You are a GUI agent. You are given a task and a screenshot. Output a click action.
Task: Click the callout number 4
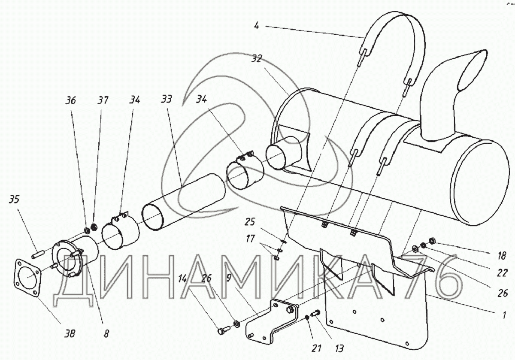[256, 25]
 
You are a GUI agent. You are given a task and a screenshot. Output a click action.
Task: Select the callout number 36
[71, 101]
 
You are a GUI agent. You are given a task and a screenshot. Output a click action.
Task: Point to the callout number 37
[103, 100]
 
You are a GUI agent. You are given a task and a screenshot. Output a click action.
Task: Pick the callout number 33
[167, 100]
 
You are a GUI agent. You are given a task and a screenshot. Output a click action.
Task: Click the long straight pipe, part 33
[185, 195]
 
